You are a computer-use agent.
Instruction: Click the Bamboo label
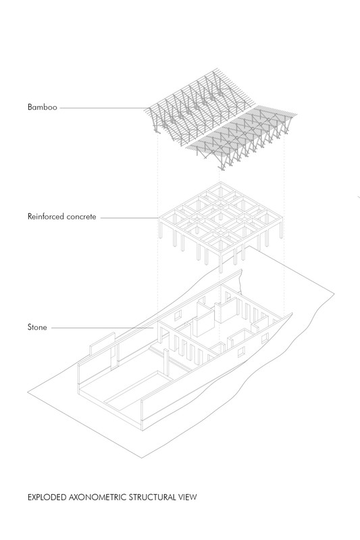[x=42, y=107]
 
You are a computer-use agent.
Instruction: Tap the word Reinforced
[x=46, y=217]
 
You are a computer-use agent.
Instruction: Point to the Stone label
[x=37, y=327]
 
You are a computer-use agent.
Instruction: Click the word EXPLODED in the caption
[x=47, y=497]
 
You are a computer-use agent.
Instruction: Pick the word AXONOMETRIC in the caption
[x=98, y=497]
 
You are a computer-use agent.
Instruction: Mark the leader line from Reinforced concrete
[x=130, y=217]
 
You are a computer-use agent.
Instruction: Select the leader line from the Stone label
[x=102, y=328]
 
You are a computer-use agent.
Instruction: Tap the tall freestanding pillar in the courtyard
[x=165, y=362]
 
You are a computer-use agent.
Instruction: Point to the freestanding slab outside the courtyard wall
[x=102, y=343]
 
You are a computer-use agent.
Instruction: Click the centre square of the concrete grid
[x=220, y=217]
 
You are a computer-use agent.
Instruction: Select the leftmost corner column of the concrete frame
[x=161, y=228]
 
